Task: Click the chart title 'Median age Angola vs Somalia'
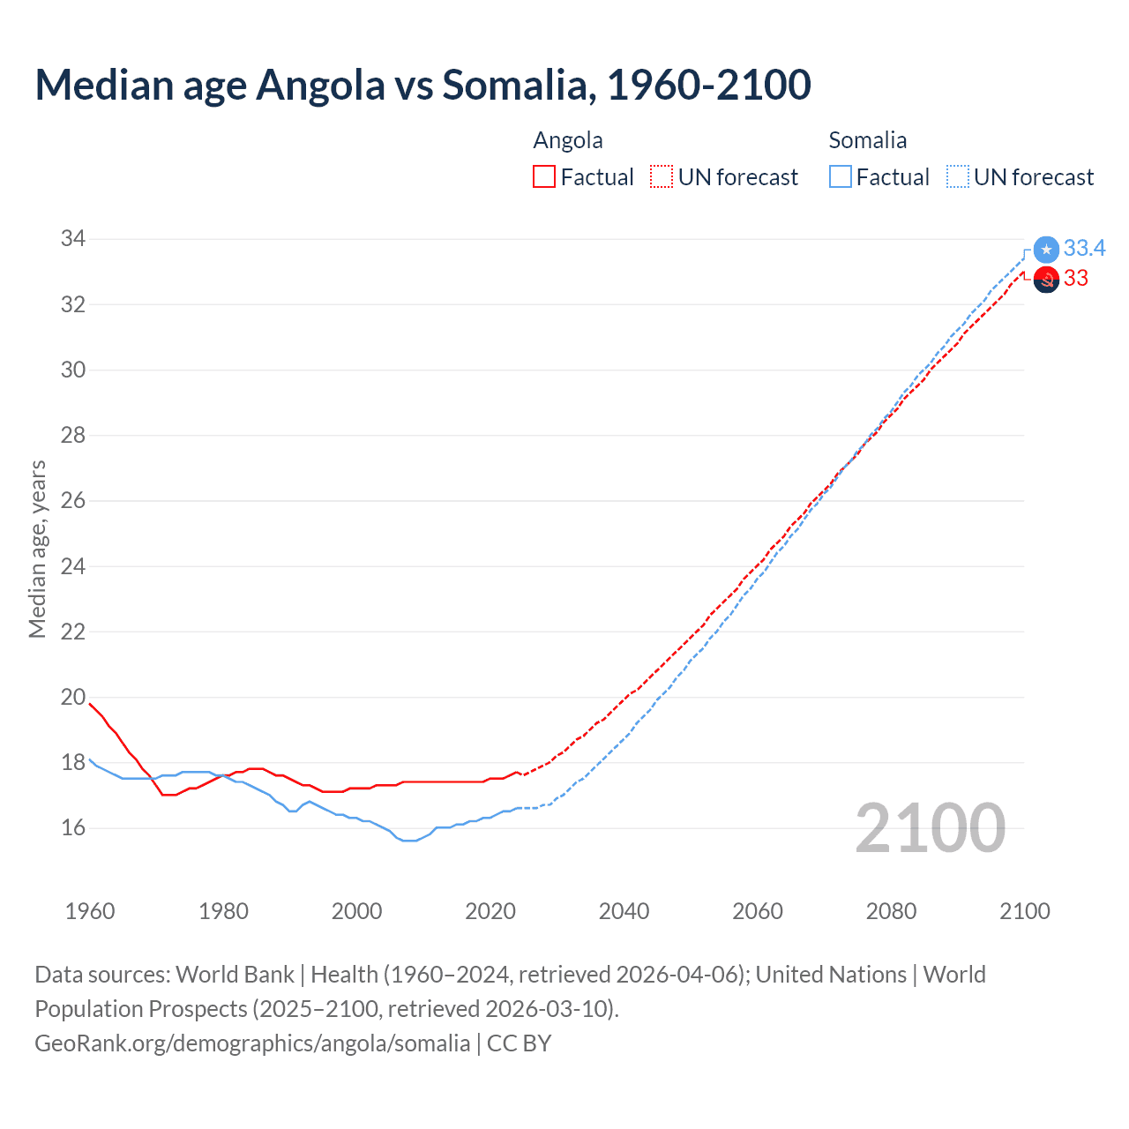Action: click(x=422, y=85)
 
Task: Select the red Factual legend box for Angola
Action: click(x=544, y=177)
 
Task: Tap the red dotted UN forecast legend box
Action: click(x=662, y=177)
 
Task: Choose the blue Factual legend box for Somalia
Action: click(x=841, y=177)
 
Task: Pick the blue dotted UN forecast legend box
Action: click(x=957, y=177)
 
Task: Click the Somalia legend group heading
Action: click(x=867, y=140)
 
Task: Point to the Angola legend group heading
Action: click(x=568, y=140)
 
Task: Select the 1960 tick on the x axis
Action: click(x=90, y=911)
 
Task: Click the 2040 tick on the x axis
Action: click(x=624, y=911)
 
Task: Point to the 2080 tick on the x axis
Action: click(x=891, y=911)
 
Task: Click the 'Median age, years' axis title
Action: click(x=37, y=549)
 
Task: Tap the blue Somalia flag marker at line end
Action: click(x=1046, y=250)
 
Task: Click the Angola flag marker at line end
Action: click(x=1046, y=280)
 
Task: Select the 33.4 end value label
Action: click(x=1084, y=249)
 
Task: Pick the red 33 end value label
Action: click(x=1076, y=279)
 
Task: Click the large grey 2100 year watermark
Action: click(x=930, y=827)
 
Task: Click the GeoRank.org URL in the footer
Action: click(x=252, y=1043)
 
